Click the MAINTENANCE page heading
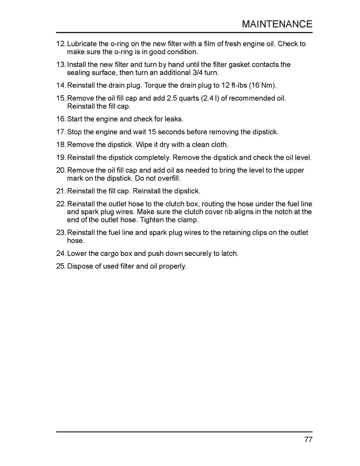coord(277,24)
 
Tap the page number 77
coord(308,439)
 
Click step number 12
coord(61,44)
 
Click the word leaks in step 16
coord(174,119)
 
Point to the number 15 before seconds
coord(152,132)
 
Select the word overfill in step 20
coord(169,178)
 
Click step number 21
coord(61,191)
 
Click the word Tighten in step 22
coord(152,220)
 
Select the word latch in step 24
coord(230,253)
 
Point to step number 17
coord(61,132)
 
